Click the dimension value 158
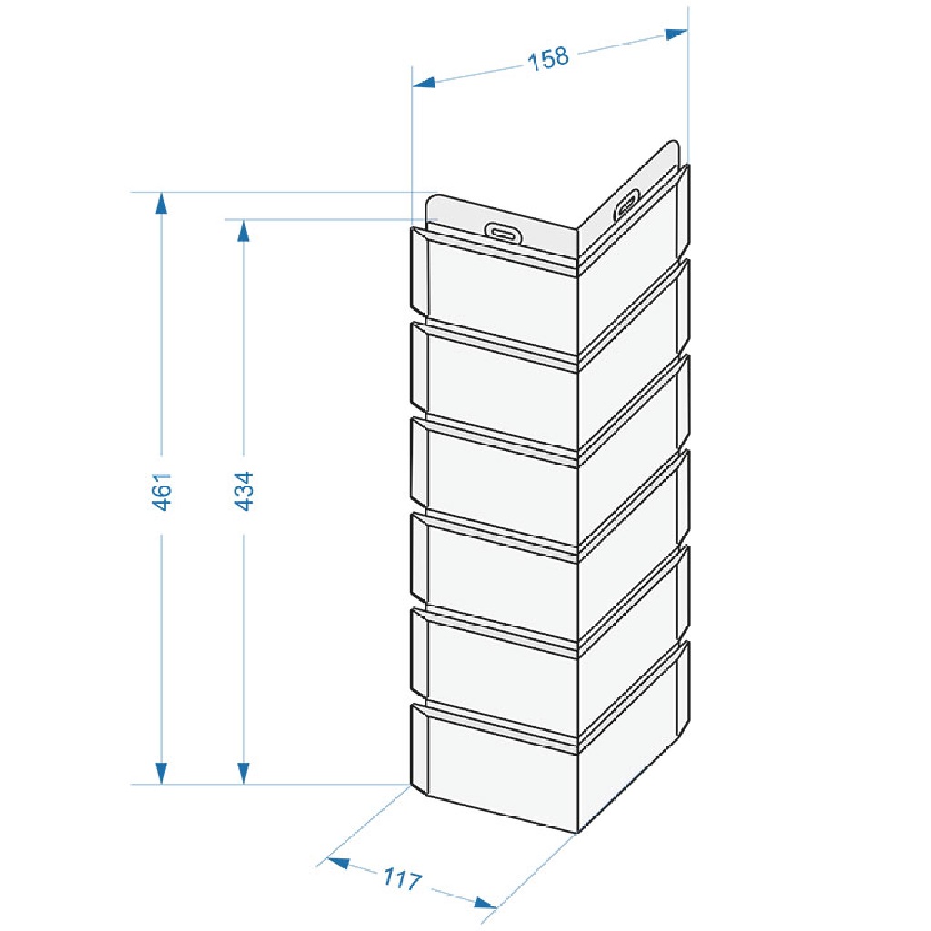[x=548, y=59]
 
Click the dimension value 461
[x=162, y=491]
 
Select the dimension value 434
[x=244, y=491]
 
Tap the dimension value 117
[x=402, y=879]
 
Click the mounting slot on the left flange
[x=503, y=232]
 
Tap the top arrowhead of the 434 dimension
[x=243, y=230]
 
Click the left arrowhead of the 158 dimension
[x=424, y=82]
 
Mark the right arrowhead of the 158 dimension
[x=676, y=34]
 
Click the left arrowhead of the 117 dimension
[x=339, y=862]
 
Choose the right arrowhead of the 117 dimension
[x=486, y=903]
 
